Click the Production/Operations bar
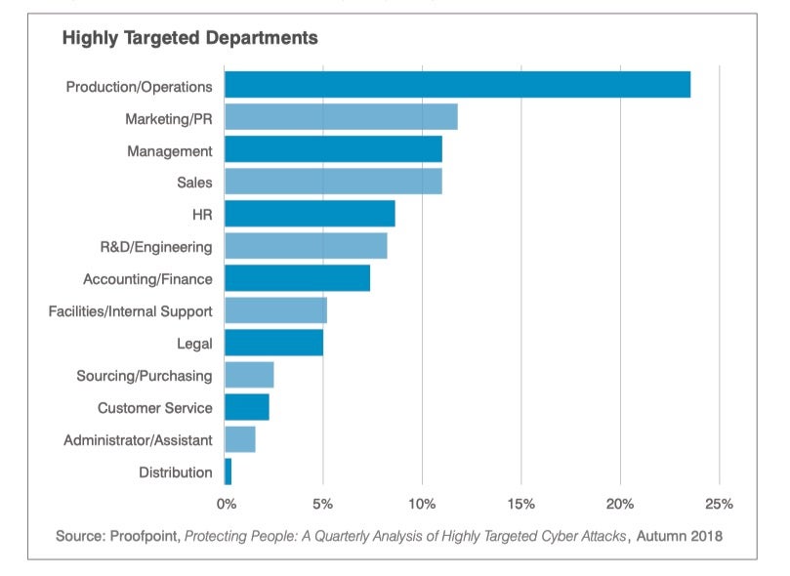click(457, 85)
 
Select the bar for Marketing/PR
click(341, 117)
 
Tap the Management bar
click(333, 149)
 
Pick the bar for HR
click(310, 214)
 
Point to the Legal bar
click(273, 343)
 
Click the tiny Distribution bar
click(229, 472)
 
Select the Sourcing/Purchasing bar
click(249, 375)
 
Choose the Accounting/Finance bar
click(297, 278)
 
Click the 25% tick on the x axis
click(719, 504)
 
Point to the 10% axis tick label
click(422, 504)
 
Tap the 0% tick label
click(226, 504)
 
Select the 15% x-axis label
click(520, 504)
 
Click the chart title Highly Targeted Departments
click(189, 39)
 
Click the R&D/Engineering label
click(155, 247)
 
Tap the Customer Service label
click(154, 408)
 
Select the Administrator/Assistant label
click(138, 440)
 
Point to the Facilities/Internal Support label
click(130, 311)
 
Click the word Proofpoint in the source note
click(145, 536)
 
